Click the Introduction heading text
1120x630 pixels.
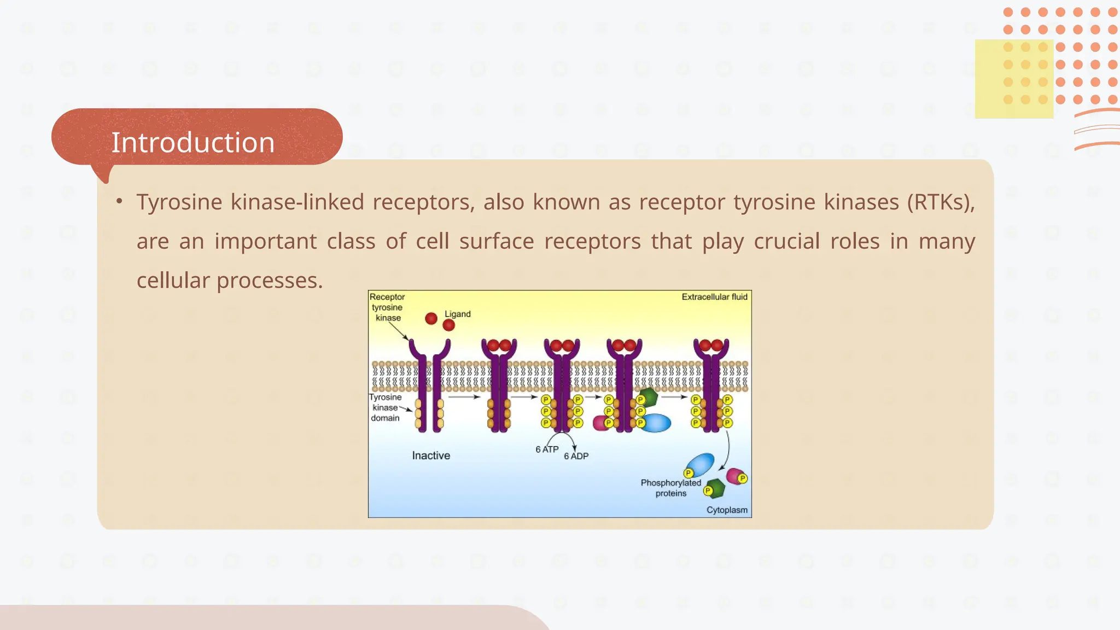192,142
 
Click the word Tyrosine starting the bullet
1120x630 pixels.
179,202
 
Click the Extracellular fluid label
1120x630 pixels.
714,297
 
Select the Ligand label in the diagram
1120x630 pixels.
457,314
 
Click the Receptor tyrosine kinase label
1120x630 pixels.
387,307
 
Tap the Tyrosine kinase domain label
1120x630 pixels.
386,407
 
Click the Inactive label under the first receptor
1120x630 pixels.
431,456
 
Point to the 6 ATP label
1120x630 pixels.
547,450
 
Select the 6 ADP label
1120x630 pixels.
576,456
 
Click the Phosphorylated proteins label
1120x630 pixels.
670,488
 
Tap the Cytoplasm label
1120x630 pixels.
727,510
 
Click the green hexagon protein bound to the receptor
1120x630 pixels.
649,398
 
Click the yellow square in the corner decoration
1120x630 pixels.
1013,79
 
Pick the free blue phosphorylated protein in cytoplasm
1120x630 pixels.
701,464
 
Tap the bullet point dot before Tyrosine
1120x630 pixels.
119,201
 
